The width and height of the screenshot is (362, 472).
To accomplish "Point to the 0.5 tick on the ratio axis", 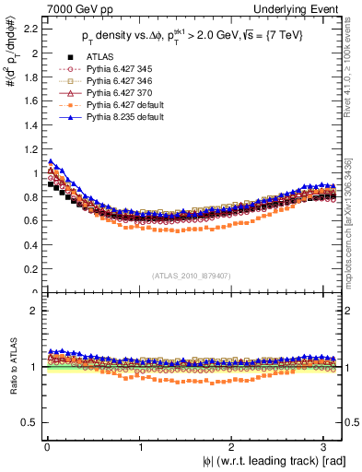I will click(29, 422).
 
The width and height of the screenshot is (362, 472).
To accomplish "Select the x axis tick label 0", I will click(45, 449).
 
